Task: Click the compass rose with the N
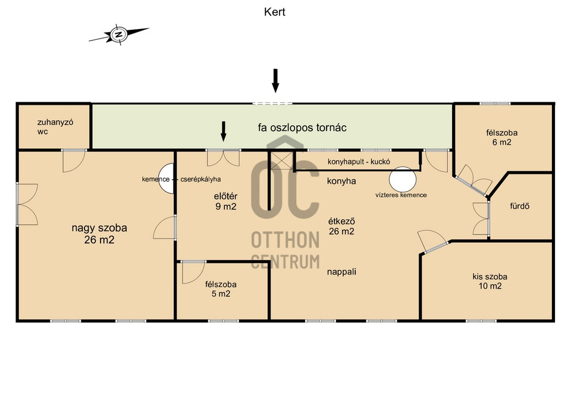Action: point(119,35)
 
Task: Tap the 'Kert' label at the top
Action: point(275,12)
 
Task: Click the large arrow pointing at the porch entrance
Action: point(275,80)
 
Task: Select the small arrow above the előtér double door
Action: point(224,131)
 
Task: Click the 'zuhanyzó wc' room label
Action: point(55,127)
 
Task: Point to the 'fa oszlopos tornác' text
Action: point(302,128)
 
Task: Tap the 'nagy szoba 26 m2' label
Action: point(99,234)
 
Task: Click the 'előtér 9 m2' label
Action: point(225,202)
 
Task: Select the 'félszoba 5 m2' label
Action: point(221,289)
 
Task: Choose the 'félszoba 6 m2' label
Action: point(501,137)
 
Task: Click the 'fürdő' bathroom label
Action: point(520,206)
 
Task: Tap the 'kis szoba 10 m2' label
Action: point(490,281)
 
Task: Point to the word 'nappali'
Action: point(341,272)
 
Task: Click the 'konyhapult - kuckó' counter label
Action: point(359,162)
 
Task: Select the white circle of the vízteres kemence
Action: point(403,180)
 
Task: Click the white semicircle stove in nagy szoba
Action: point(167,178)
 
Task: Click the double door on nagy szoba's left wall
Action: point(27,204)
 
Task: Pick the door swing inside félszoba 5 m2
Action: point(193,273)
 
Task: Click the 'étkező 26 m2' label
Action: point(341,226)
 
